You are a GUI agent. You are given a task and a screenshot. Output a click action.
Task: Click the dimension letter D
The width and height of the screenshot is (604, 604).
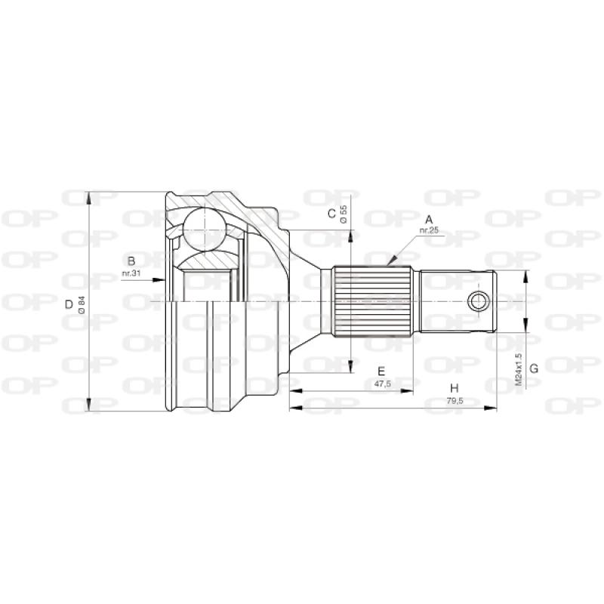[x=69, y=305]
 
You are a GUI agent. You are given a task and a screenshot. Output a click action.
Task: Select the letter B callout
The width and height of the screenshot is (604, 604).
[x=131, y=260]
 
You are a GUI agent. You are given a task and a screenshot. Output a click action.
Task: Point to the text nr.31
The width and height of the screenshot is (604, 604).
[x=131, y=273]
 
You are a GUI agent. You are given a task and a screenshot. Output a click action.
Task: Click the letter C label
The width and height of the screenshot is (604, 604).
[x=331, y=214]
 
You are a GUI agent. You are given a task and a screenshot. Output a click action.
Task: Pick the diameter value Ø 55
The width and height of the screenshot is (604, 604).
[x=344, y=214]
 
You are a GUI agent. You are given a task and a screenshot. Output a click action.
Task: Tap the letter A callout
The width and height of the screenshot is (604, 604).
[x=429, y=220]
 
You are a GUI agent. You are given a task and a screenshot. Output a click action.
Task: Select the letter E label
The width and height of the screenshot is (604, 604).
[x=382, y=371]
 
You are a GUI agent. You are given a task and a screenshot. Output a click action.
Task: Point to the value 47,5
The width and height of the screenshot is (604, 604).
[x=382, y=384]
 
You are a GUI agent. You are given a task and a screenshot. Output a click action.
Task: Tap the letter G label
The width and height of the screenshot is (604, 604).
[x=533, y=368]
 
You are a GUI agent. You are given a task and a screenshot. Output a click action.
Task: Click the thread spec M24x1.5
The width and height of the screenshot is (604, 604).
[x=519, y=369]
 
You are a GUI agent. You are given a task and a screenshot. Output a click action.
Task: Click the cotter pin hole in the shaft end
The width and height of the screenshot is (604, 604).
[x=477, y=301]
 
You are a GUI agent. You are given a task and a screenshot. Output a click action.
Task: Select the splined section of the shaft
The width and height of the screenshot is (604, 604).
[x=374, y=301]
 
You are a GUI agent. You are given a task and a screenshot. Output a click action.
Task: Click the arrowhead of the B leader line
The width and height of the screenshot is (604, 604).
[x=162, y=279]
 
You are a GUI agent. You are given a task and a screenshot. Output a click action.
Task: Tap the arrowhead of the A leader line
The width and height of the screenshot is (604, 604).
[x=391, y=262]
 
